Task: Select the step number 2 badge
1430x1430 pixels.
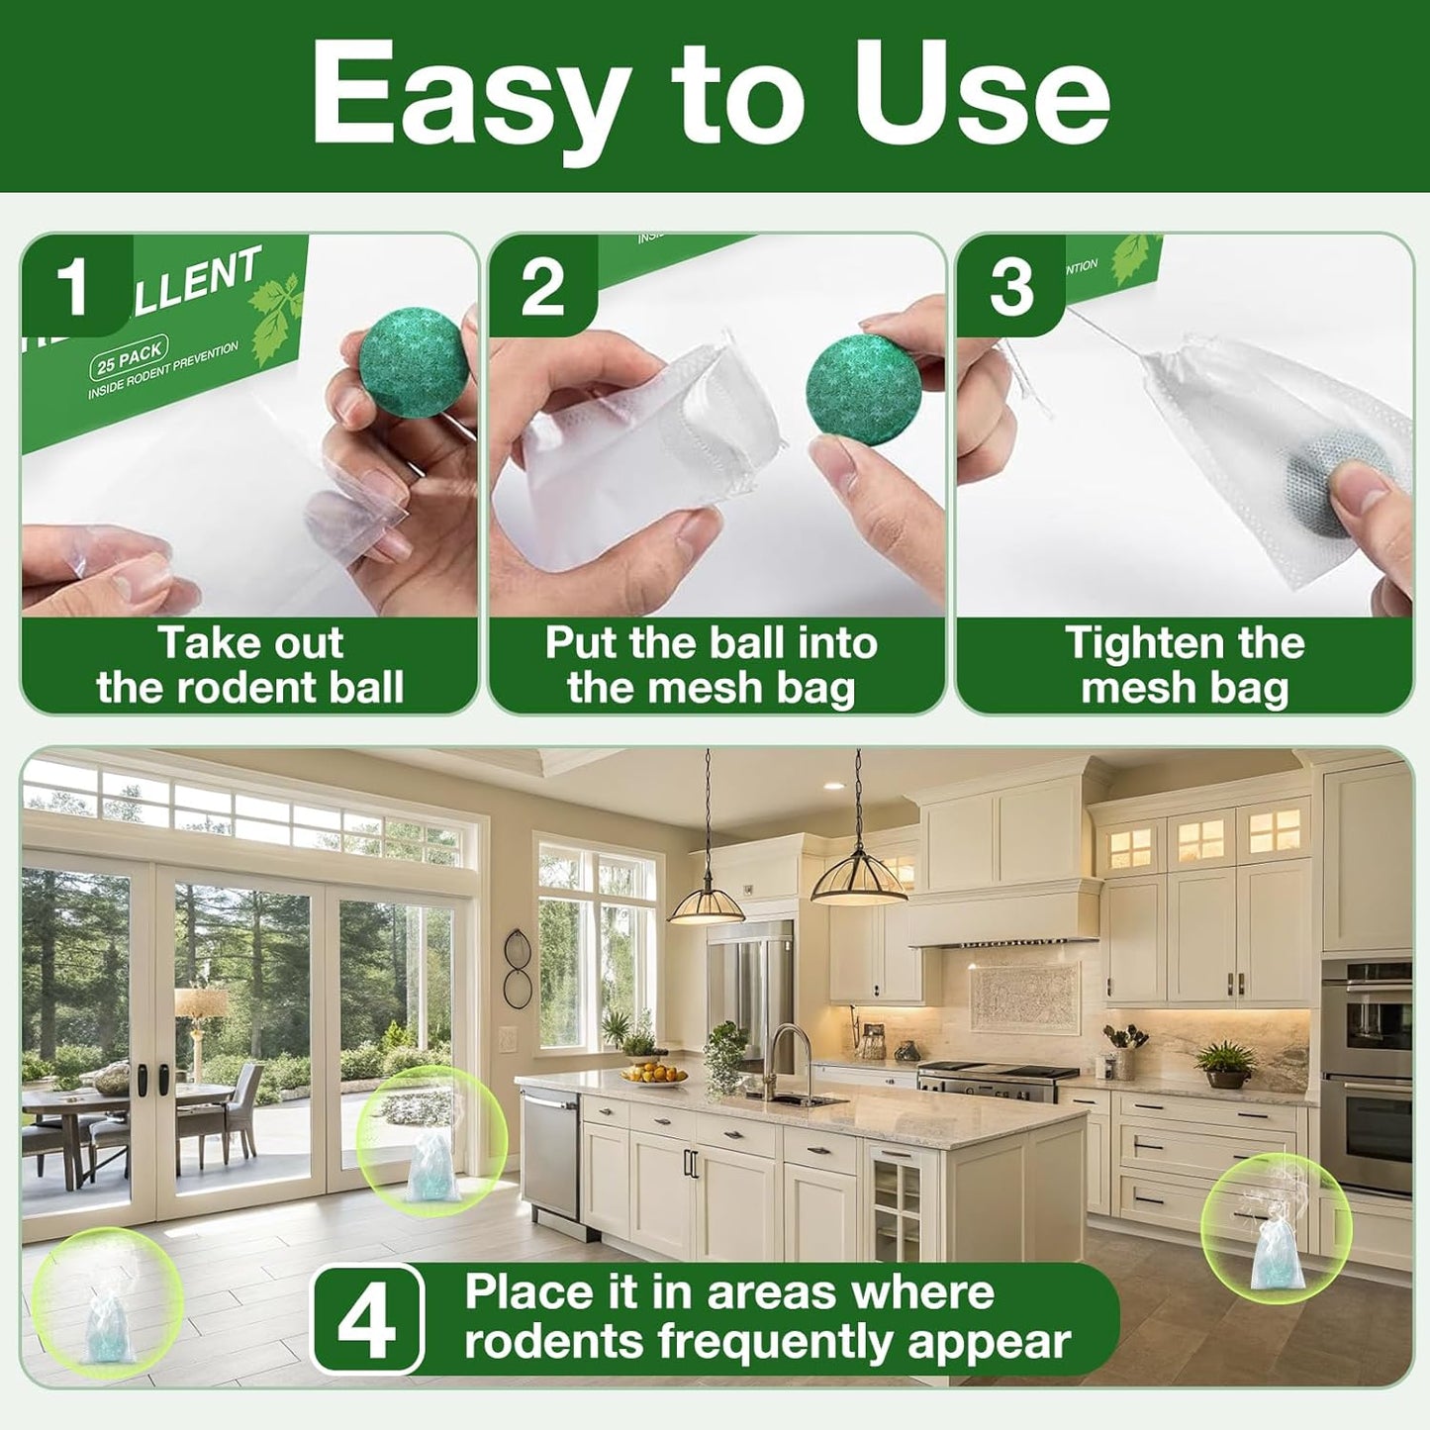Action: [542, 288]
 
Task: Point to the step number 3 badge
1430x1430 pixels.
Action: [1010, 288]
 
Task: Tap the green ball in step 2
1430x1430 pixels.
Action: [863, 388]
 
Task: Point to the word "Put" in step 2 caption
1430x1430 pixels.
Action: [581, 643]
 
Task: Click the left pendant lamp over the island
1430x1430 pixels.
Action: [706, 903]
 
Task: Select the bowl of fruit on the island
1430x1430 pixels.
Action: [654, 1074]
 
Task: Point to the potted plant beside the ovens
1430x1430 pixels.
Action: [1226, 1064]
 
